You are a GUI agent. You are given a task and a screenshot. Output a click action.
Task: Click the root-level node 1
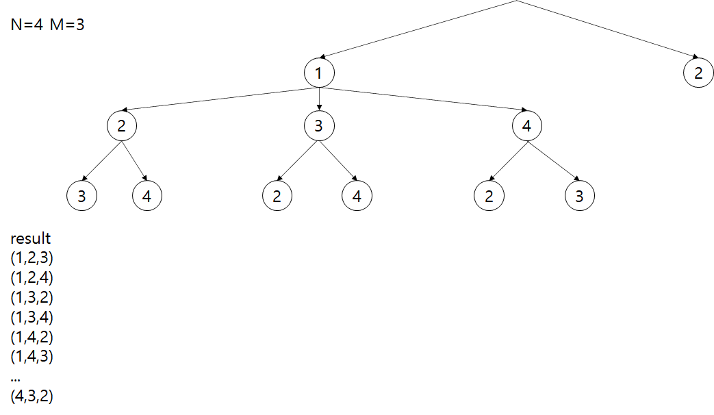point(319,73)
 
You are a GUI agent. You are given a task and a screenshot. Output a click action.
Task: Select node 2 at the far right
point(698,73)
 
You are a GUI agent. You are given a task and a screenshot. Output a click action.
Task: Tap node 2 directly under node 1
point(121,126)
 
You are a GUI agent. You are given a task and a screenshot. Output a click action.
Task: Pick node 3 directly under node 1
point(319,126)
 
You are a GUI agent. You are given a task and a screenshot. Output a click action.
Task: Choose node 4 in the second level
point(526,126)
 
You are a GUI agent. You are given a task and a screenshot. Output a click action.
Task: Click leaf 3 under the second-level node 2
point(81,197)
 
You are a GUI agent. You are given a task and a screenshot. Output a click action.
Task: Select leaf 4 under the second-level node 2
point(146,197)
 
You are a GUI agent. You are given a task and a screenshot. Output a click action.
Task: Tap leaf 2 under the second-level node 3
point(277,197)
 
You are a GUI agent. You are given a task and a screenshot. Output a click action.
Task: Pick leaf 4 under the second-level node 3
point(357,197)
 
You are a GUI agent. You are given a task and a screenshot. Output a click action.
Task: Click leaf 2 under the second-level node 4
point(489,197)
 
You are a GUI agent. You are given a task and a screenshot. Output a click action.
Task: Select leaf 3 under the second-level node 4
point(580,197)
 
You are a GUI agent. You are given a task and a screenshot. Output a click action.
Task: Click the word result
point(30,239)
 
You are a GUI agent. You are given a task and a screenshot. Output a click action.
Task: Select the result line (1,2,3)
point(31,259)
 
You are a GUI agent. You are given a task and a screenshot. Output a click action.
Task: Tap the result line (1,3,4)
point(31,318)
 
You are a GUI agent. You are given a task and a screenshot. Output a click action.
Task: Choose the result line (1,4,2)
point(31,337)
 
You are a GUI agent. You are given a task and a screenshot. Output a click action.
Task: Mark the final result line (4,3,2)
point(31,396)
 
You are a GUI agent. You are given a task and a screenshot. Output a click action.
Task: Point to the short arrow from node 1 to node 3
point(319,99)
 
